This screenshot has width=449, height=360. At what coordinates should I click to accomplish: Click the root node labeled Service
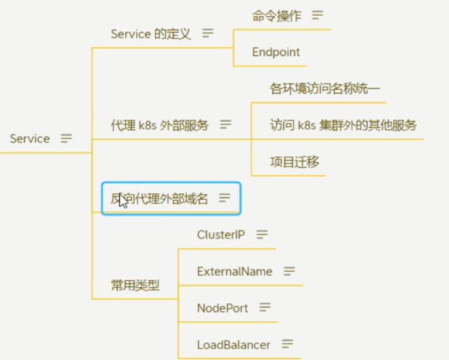coord(30,139)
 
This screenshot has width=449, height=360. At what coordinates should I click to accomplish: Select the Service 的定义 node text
coord(150,34)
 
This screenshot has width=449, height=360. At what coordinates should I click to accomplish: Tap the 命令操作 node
coord(277,16)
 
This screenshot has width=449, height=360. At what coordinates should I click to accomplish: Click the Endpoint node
coord(276,52)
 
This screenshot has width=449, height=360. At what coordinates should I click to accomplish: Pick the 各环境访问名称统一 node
coord(325,88)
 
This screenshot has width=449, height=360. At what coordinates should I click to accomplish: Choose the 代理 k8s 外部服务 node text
coord(159,125)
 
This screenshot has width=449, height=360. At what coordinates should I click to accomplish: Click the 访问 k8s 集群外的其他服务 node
coord(344,125)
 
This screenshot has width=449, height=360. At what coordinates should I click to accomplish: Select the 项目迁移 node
coord(294,162)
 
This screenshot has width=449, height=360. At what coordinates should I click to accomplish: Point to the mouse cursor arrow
coord(123,200)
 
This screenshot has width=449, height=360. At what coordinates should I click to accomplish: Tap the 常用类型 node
coord(135,285)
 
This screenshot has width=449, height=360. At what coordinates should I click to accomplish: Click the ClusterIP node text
coord(221,235)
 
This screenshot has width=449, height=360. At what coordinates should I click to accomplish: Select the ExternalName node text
coord(235,272)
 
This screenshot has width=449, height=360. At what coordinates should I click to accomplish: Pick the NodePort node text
coord(222,308)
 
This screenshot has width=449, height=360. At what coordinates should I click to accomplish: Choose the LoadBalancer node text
coord(234,345)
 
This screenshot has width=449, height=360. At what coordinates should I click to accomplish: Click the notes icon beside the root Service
coord(66,138)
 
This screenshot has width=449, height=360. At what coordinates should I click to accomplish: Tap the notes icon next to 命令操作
coord(317,15)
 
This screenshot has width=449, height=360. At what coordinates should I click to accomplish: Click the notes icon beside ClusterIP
coord(262,234)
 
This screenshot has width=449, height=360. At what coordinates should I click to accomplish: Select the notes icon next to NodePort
coord(265,307)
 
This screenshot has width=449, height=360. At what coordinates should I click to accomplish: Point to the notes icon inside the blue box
coord(225,198)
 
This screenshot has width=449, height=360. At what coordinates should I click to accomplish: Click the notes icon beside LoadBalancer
coord(287,344)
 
